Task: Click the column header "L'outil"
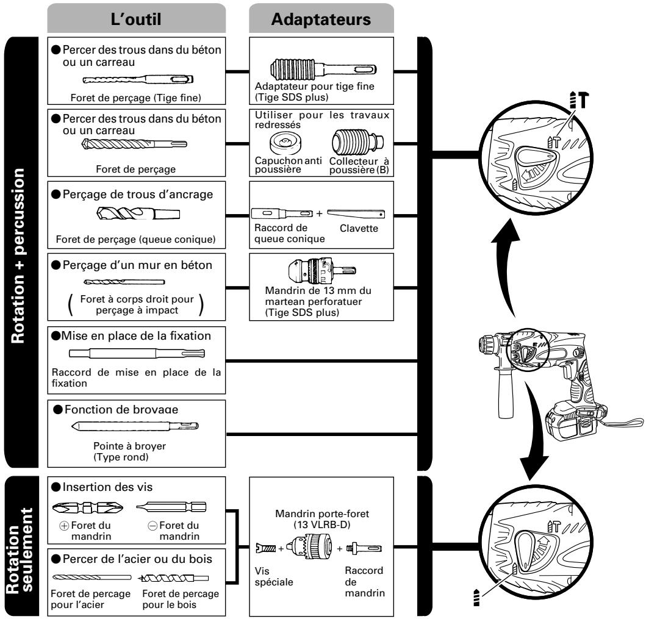pyautogui.click(x=136, y=20)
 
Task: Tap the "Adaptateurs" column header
pyautogui.click(x=321, y=20)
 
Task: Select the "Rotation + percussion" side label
pyautogui.click(x=18, y=256)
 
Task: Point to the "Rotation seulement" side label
pyautogui.click(x=20, y=550)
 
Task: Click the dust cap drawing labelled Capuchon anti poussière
pyautogui.click(x=285, y=143)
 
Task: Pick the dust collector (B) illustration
pyautogui.click(x=357, y=141)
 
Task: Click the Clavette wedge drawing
pyautogui.click(x=356, y=213)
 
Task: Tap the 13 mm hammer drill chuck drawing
pyautogui.click(x=321, y=271)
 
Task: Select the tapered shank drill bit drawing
pyautogui.click(x=138, y=213)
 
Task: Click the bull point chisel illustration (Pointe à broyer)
pyautogui.click(x=135, y=426)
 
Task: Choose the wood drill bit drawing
pyautogui.click(x=173, y=578)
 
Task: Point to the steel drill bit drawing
pyautogui.click(x=92, y=578)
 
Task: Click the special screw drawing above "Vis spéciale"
pyautogui.click(x=266, y=548)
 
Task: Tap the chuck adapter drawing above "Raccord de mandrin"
pyautogui.click(x=364, y=548)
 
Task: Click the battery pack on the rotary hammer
pyautogui.click(x=575, y=422)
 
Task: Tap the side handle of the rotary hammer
pyautogui.click(x=505, y=392)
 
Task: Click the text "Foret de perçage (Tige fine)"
pyautogui.click(x=135, y=98)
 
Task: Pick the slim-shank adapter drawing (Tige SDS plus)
pyautogui.click(x=323, y=69)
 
